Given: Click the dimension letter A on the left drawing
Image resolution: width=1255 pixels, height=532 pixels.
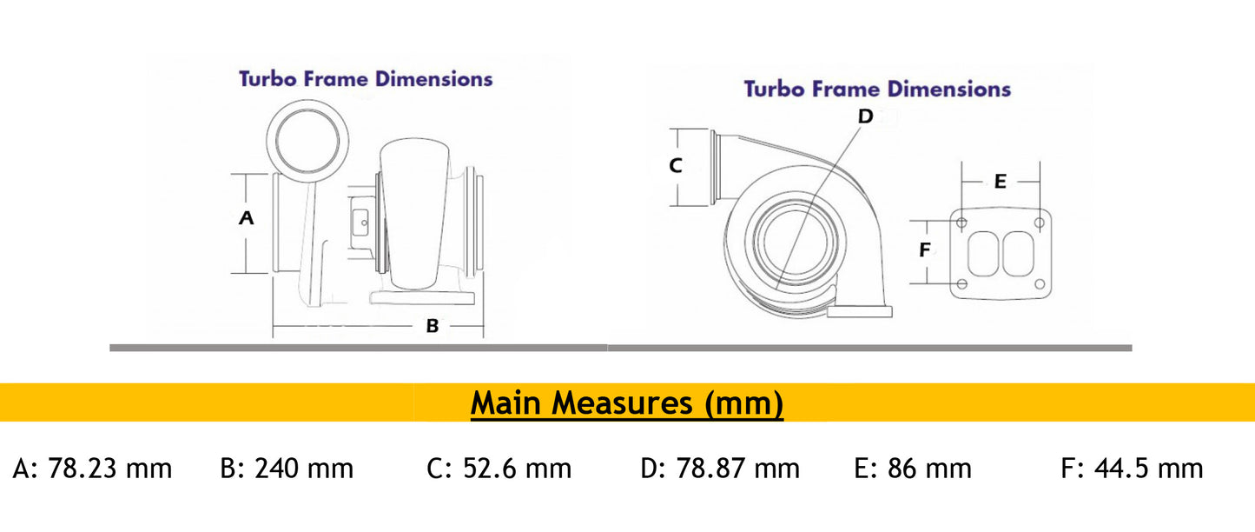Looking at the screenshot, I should pyautogui.click(x=247, y=218).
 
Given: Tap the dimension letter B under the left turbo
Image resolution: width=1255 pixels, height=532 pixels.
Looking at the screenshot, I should pyautogui.click(x=432, y=327).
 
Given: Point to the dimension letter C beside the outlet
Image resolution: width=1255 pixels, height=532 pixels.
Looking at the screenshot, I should pyautogui.click(x=676, y=165).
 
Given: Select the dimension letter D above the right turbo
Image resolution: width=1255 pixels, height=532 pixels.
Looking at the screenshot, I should pyautogui.click(x=865, y=116).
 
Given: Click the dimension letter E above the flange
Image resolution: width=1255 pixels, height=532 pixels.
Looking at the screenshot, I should pyautogui.click(x=1000, y=182).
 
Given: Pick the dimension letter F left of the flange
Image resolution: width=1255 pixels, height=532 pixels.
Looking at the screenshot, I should pyautogui.click(x=925, y=250).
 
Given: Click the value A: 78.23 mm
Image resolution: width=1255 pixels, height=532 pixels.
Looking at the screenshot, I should pyautogui.click(x=93, y=469).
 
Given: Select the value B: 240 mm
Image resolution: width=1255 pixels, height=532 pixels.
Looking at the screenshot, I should pyautogui.click(x=287, y=469).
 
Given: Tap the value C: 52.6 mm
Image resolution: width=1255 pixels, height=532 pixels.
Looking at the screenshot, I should pyautogui.click(x=499, y=469).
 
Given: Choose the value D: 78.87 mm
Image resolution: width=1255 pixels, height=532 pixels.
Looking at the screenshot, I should pyautogui.click(x=720, y=469).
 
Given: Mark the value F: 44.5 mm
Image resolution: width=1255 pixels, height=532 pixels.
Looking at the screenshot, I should pyautogui.click(x=1132, y=469).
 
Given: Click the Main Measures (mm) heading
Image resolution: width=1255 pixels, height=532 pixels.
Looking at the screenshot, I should pyautogui.click(x=627, y=403).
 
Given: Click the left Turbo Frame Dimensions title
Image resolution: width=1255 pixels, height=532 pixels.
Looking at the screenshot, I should pyautogui.click(x=366, y=79).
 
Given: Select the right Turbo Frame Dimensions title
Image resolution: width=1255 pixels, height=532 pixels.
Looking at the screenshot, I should pyautogui.click(x=877, y=89).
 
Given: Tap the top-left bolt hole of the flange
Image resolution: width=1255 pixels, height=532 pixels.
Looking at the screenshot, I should pyautogui.click(x=961, y=223).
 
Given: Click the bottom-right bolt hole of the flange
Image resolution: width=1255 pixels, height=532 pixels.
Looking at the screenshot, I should pyautogui.click(x=1040, y=284).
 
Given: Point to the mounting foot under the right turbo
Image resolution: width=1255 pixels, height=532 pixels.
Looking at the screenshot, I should pyautogui.click(x=860, y=311).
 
